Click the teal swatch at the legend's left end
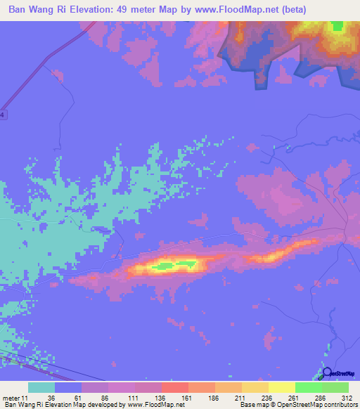[41, 387]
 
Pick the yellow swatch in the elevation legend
[282, 387]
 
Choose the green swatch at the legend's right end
[335, 387]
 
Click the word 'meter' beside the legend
[11, 398]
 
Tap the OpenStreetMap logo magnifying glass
[326, 373]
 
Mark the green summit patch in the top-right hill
[337, 26]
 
